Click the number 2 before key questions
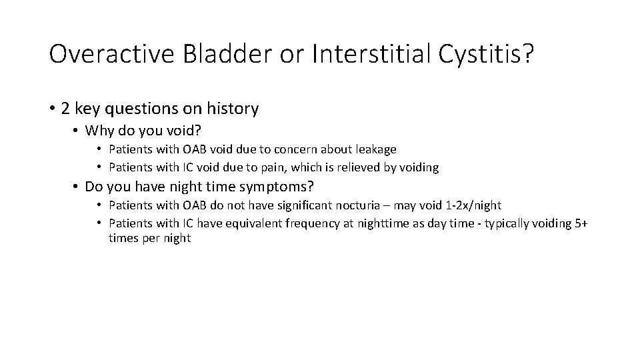coord(65,108)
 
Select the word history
coord(233,108)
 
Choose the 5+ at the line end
coord(581,223)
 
